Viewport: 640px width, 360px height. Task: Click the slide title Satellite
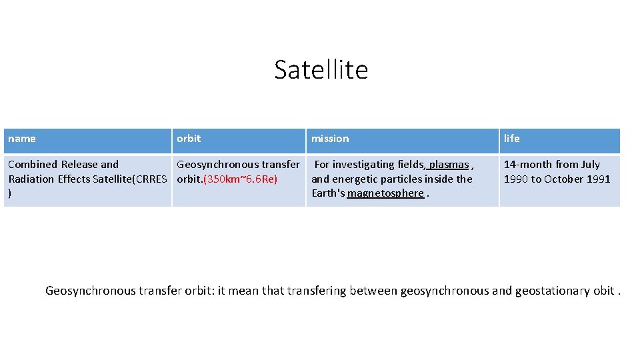(321, 69)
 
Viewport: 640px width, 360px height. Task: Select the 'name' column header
(22, 139)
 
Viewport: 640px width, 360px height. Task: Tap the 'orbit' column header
(189, 139)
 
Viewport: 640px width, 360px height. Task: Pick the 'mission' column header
(330, 139)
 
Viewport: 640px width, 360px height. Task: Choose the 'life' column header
(512, 139)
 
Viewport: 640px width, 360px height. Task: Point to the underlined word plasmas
(449, 165)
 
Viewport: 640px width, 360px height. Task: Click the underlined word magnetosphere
(385, 193)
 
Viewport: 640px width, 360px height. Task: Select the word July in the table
(591, 165)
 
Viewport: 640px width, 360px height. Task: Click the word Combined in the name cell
(33, 165)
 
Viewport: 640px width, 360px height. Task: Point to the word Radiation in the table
(31, 179)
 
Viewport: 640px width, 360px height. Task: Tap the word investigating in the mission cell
(363, 165)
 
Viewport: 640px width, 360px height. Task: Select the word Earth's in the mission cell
(328, 193)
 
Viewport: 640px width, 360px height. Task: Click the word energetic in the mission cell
(355, 179)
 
